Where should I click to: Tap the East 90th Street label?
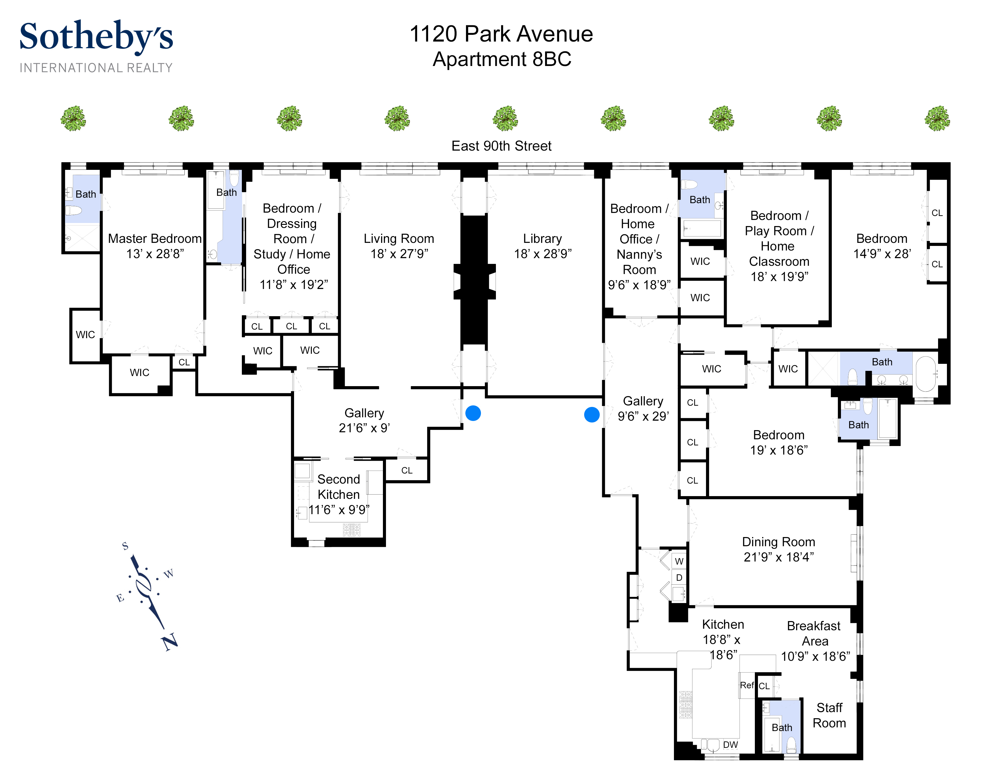pyautogui.click(x=501, y=146)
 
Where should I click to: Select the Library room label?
pyautogui.click(x=542, y=239)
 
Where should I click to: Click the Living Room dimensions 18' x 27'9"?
pyautogui.click(x=399, y=254)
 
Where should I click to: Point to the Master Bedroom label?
pyautogui.click(x=155, y=239)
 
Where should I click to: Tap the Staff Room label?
pyautogui.click(x=829, y=715)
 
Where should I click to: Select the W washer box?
pyautogui.click(x=679, y=561)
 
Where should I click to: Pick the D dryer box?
pyautogui.click(x=679, y=578)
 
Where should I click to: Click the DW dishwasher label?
pyautogui.click(x=730, y=745)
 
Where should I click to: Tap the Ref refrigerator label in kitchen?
pyautogui.click(x=747, y=685)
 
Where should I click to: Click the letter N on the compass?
pyautogui.click(x=170, y=642)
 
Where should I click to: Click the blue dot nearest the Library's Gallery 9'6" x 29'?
pyautogui.click(x=592, y=415)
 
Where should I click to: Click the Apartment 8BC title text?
pyautogui.click(x=502, y=59)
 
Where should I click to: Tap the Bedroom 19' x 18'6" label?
pyautogui.click(x=779, y=442)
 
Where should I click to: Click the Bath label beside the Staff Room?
pyautogui.click(x=782, y=728)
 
